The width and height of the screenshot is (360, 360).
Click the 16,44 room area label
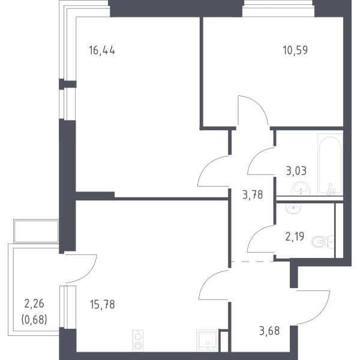(102, 50)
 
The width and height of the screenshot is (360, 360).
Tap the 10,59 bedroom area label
(295, 50)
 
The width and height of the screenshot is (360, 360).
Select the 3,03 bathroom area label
(296, 171)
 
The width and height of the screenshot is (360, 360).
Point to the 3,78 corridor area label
(253, 195)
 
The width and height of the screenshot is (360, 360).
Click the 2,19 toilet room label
(295, 236)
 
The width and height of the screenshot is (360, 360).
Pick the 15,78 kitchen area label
(103, 304)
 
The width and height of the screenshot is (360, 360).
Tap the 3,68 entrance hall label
(269, 331)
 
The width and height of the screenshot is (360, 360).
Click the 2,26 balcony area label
(34, 304)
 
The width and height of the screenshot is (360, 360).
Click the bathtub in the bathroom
(330, 164)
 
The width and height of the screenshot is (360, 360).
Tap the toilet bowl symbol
(322, 242)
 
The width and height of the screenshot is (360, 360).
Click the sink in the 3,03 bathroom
(301, 189)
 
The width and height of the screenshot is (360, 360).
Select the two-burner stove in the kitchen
(138, 341)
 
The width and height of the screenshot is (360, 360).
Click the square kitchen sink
(207, 340)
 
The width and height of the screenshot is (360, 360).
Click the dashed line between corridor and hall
(253, 261)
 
